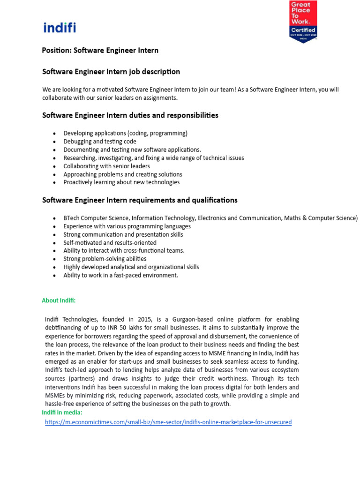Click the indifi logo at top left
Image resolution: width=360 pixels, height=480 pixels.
[60, 28]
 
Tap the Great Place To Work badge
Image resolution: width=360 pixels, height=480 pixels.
[303, 22]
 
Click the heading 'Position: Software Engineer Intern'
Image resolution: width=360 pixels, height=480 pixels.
[100, 50]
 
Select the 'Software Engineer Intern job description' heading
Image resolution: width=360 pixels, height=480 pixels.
[111, 72]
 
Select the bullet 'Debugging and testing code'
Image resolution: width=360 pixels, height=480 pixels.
[100, 142]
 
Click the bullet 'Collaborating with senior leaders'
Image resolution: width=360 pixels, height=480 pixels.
[107, 166]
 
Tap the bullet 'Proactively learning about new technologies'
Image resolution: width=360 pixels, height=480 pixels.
[121, 182]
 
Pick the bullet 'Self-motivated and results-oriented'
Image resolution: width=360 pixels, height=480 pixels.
[110, 243]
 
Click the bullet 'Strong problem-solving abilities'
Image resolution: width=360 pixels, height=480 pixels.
[105, 259]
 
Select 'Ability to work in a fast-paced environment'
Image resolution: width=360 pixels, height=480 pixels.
[121, 275]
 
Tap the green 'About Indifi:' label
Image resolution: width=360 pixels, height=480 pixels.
[59, 300]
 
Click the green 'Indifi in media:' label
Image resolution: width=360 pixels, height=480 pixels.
[62, 412]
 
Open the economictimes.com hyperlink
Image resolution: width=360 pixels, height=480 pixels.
[168, 422]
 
